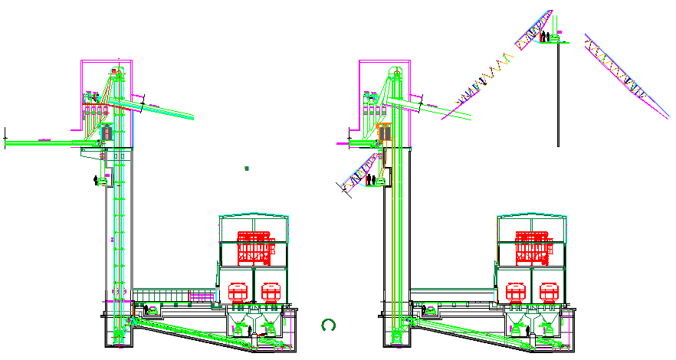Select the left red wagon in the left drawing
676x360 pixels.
click(x=238, y=292)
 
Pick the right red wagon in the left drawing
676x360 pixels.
click(x=271, y=292)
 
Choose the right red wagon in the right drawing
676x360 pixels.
click(x=550, y=292)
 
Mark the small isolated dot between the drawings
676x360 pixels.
click(x=246, y=168)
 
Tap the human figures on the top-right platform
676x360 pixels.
click(x=543, y=35)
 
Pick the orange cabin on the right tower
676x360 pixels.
click(x=383, y=133)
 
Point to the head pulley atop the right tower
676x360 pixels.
click(x=394, y=72)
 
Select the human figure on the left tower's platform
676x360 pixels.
click(x=96, y=180)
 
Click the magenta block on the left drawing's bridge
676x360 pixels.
click(x=201, y=295)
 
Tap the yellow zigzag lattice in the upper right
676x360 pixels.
click(x=483, y=77)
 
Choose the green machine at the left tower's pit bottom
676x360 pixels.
click(x=117, y=335)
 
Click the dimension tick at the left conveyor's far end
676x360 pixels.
click(x=5, y=137)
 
